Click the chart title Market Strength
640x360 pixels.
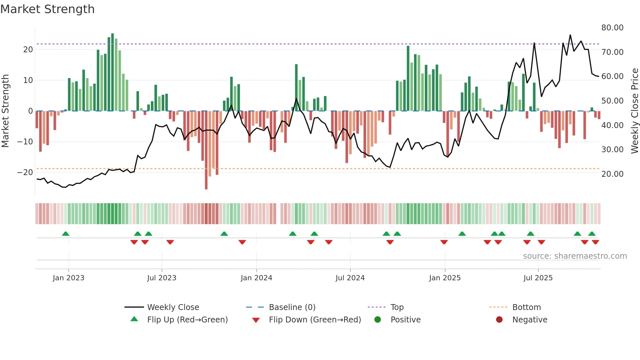(47, 9)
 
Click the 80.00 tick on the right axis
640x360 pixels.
(612, 28)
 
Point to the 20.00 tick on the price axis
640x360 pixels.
(612, 174)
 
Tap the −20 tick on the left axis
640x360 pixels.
(25, 172)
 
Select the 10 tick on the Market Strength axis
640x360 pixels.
(28, 80)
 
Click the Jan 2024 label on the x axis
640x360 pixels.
(256, 278)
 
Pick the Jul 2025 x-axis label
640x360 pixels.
(538, 278)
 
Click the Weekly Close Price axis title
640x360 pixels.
(634, 111)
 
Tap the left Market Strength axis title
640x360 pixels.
(5, 111)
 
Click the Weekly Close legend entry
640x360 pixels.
(173, 307)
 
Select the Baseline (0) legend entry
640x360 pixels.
(292, 307)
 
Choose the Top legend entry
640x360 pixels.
(397, 307)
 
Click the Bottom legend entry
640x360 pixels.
(526, 307)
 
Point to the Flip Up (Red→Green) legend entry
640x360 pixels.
(187, 320)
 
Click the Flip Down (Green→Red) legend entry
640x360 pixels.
(315, 320)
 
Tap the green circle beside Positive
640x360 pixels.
(377, 320)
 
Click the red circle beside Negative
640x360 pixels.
(499, 320)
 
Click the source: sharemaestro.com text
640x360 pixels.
(575, 256)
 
